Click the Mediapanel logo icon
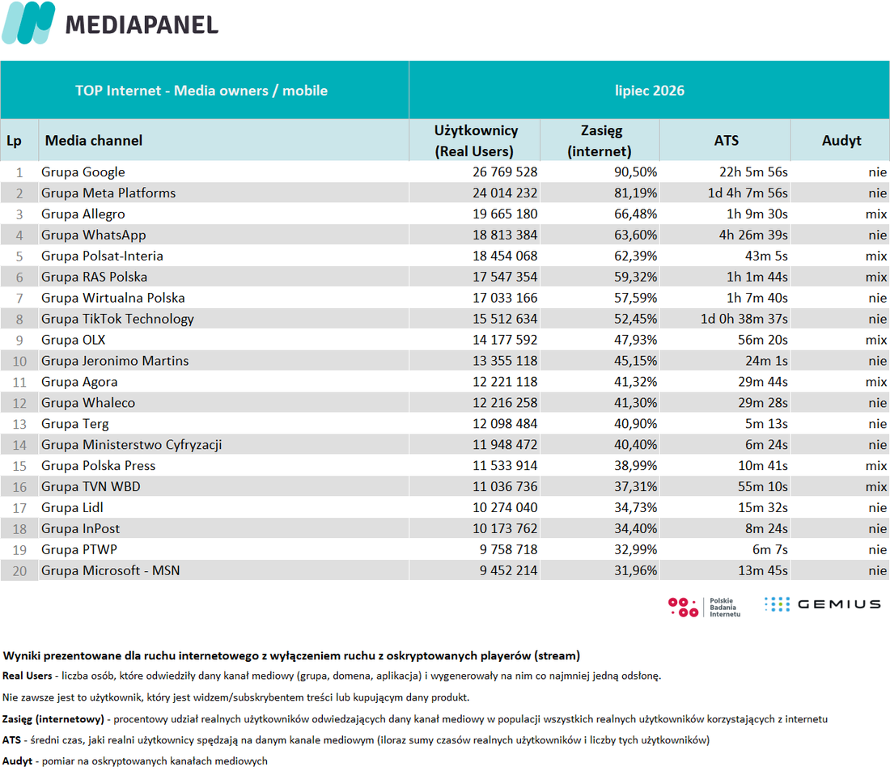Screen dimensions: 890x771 coord(28,23)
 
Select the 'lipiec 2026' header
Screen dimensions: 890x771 coord(650,91)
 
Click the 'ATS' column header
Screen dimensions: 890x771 coord(726,141)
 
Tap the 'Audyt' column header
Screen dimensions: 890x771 coord(841,141)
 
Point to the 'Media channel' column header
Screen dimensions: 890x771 coord(94,141)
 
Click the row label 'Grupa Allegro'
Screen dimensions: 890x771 coord(83,214)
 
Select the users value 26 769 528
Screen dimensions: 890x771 coord(505,172)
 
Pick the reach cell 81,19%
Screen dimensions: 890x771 coord(635,193)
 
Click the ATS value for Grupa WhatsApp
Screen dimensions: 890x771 coord(753,235)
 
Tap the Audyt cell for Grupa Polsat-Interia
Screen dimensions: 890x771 coord(875,256)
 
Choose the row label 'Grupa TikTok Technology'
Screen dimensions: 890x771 coord(117,319)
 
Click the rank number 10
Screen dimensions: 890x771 coord(19,361)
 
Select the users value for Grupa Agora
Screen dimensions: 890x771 coord(505,382)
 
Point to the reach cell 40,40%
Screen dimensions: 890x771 coord(635,445)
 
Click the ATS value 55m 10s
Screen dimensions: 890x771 coord(763,486)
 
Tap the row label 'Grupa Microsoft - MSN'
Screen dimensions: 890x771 coord(111,570)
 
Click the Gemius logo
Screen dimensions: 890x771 coord(822,604)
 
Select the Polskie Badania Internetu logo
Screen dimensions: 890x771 coord(705,607)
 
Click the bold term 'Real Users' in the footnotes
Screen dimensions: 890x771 coord(28,676)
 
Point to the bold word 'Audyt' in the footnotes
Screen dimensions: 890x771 coord(17,760)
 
